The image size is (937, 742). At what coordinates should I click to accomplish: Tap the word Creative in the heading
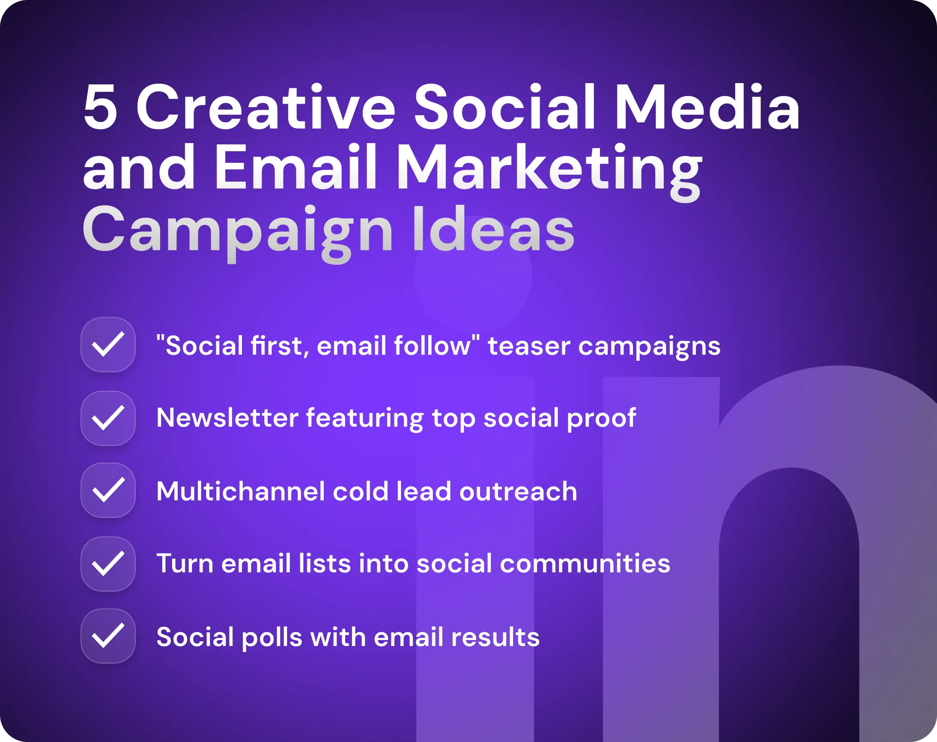click(265, 107)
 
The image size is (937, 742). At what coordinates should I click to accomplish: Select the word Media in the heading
click(707, 107)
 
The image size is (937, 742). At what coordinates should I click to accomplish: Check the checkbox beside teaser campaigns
click(108, 344)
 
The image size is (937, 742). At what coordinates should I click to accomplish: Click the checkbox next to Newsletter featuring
click(108, 418)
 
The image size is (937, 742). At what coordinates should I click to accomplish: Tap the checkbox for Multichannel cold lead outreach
click(108, 490)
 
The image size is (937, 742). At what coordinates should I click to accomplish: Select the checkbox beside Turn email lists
click(108, 563)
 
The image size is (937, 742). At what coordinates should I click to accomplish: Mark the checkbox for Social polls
click(108, 636)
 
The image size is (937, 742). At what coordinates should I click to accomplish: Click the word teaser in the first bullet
click(529, 346)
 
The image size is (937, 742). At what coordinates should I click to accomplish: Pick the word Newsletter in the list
click(227, 418)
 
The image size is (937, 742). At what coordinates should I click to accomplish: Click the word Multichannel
click(241, 491)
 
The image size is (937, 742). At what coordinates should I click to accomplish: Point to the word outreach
click(518, 491)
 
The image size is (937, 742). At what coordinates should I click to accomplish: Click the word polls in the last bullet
click(272, 637)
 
